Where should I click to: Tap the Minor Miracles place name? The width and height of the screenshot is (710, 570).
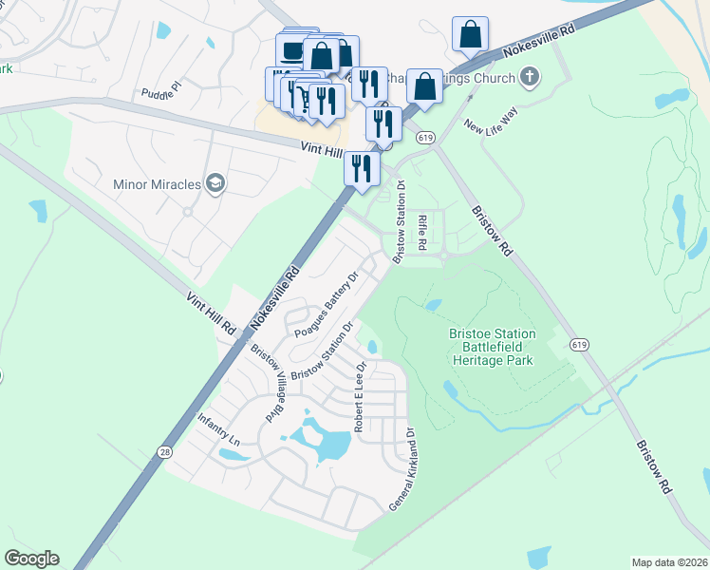click(157, 183)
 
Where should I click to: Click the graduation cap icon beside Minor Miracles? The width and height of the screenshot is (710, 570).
click(215, 182)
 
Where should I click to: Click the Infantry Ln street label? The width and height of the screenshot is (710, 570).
click(217, 429)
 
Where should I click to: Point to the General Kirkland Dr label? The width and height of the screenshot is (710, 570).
click(402, 470)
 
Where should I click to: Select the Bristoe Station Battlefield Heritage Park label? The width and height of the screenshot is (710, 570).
click(492, 347)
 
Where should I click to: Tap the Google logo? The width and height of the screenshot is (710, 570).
click(31, 559)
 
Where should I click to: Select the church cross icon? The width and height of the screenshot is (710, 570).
click(531, 76)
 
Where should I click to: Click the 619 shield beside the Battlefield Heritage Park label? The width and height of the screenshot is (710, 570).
click(579, 345)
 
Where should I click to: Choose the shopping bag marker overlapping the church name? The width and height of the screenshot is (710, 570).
click(425, 85)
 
